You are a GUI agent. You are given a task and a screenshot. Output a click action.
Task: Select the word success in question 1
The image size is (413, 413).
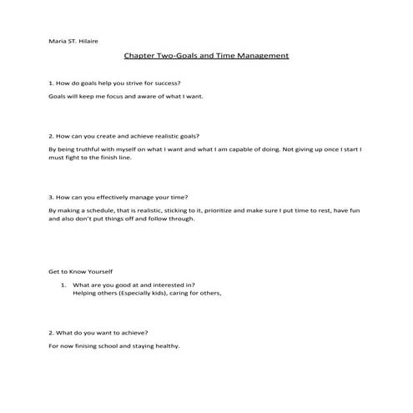(x=164, y=83)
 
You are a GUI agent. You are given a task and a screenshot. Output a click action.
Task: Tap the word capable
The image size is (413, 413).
(x=234, y=149)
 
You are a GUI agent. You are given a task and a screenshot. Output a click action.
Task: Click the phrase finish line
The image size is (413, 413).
(x=118, y=157)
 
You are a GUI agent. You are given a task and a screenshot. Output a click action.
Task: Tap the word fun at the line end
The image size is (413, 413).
(x=355, y=211)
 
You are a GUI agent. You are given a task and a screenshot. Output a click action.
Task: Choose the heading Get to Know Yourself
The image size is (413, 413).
(x=80, y=273)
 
